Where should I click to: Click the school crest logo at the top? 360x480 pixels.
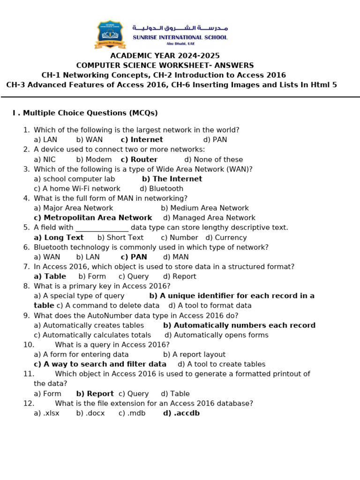point(109,34)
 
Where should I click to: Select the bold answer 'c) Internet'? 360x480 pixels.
point(142,140)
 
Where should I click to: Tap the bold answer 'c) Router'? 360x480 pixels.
point(139,159)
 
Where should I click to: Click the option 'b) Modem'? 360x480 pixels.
point(94,159)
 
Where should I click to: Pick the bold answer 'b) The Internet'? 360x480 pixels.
point(172,179)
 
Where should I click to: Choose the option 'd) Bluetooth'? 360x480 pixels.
point(161,189)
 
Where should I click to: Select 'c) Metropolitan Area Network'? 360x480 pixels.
point(93,218)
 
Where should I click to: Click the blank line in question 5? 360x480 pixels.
point(102,228)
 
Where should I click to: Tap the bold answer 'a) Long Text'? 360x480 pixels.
point(59,238)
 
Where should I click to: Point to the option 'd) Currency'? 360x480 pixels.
point(226,238)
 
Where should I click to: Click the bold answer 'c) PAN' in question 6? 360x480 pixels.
point(134,257)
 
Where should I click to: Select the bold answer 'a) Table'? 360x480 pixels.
point(50,277)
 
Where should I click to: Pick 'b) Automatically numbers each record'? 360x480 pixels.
point(239,325)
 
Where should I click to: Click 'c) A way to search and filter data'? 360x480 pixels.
point(100,364)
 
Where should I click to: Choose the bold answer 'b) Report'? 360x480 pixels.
point(95,394)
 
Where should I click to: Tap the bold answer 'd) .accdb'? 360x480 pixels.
point(181,413)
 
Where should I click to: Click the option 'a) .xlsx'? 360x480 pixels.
point(46,413)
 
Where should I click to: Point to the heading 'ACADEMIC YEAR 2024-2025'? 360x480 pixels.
point(165,56)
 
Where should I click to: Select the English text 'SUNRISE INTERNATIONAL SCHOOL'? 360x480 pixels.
point(180,37)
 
